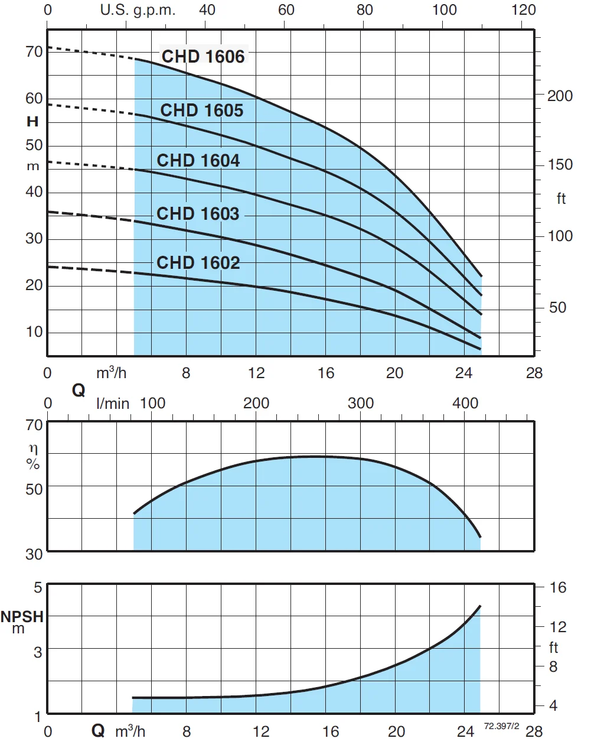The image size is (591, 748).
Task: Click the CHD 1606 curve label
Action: tap(203, 57)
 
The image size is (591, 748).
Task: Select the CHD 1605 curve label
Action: tap(202, 110)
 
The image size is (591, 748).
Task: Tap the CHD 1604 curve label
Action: tap(198, 161)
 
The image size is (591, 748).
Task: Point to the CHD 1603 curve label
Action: tap(198, 213)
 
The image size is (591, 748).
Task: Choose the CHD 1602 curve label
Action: tap(198, 262)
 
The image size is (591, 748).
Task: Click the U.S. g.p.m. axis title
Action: tap(138, 10)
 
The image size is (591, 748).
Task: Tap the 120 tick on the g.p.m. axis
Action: tap(524, 10)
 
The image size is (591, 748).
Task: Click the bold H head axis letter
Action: tap(32, 122)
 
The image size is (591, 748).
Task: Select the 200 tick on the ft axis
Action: tap(560, 96)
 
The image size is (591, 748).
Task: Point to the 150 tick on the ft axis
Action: tap(560, 165)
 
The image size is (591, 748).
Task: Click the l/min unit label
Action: tap(113, 404)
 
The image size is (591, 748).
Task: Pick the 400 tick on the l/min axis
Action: tap(465, 404)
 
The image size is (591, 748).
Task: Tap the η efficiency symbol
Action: tap(33, 450)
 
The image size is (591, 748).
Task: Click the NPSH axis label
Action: tap(22, 617)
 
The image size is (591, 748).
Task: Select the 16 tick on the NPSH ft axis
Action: tap(557, 588)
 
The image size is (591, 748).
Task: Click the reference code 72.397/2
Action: tap(501, 726)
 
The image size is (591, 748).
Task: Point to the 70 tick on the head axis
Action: tap(34, 52)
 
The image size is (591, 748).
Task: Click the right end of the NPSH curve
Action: tap(480, 606)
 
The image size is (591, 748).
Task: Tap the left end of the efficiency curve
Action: tap(135, 513)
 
